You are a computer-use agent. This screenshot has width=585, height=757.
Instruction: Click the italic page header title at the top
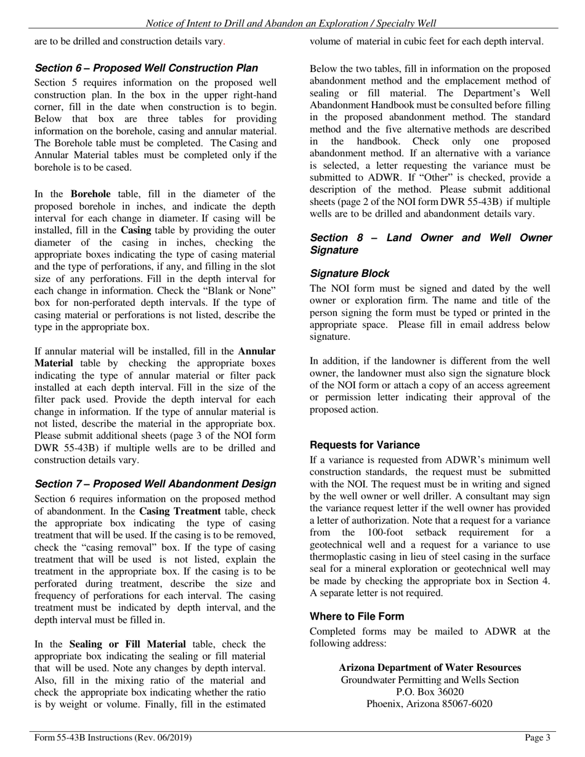pos(291,23)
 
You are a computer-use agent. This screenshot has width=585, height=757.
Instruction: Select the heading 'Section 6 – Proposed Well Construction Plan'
pos(147,68)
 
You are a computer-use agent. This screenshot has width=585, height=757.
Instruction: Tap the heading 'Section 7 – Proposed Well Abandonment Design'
pos(155,484)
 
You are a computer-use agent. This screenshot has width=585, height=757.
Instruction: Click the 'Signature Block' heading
pos(350,273)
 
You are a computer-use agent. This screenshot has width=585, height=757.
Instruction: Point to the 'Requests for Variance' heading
pos(365,445)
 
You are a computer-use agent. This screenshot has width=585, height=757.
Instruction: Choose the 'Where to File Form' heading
pos(357,616)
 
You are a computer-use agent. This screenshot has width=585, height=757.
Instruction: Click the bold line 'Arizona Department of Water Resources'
pos(430,668)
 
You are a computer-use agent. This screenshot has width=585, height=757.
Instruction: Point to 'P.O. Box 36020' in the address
pos(430,692)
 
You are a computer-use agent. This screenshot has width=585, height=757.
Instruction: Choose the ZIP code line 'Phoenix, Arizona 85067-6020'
pos(430,704)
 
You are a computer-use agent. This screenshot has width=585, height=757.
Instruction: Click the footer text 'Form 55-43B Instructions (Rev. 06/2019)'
pos(113,737)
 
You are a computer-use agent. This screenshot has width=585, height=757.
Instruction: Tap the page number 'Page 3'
pos(537,737)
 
